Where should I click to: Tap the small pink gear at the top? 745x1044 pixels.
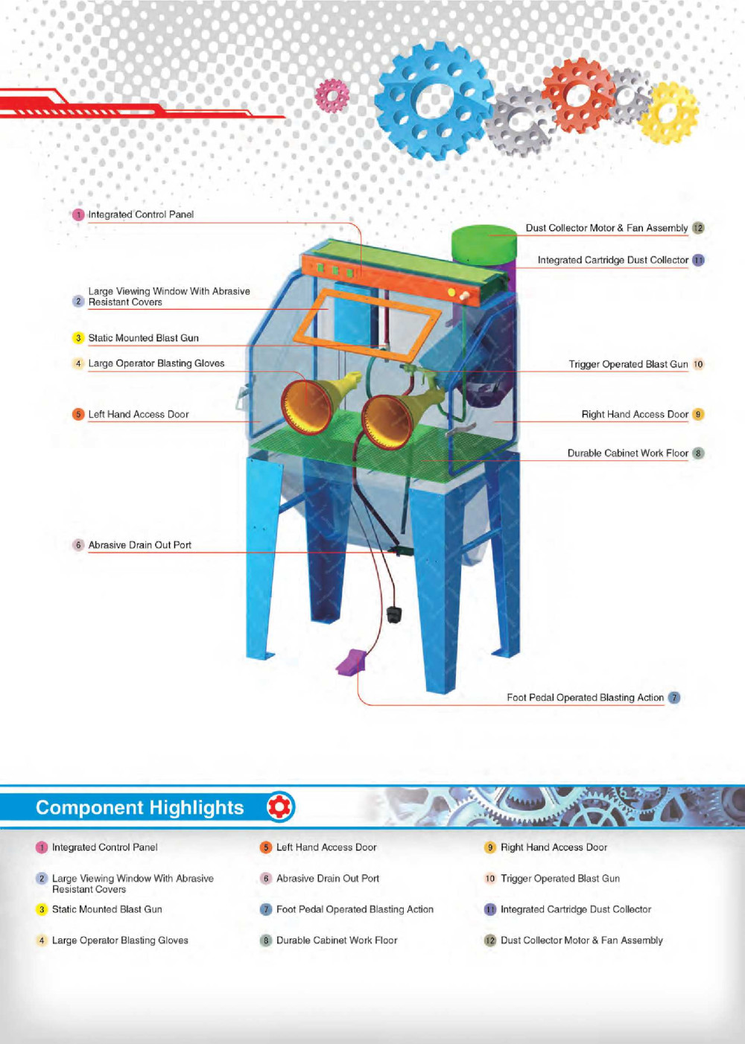pos(332,95)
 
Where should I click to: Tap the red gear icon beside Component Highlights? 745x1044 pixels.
pos(281,806)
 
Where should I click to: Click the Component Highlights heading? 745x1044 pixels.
pos(140,808)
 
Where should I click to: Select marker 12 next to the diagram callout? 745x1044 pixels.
pos(698,228)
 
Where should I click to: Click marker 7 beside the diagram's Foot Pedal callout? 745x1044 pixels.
pos(674,698)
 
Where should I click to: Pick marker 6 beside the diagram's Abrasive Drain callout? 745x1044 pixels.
pos(78,545)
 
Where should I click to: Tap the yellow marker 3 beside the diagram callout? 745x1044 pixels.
pos(78,338)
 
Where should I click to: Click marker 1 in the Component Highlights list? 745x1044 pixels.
pos(42,847)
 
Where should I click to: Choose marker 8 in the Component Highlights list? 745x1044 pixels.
pos(266,940)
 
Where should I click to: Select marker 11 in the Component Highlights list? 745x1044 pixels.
pos(490,909)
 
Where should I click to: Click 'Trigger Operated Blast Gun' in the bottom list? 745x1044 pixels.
pos(560,879)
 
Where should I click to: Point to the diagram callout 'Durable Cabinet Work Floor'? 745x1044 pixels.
pos(627,453)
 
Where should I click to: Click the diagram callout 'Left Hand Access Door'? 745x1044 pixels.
pos(139,414)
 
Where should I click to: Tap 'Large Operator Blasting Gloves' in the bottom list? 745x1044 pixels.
pos(120,940)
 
